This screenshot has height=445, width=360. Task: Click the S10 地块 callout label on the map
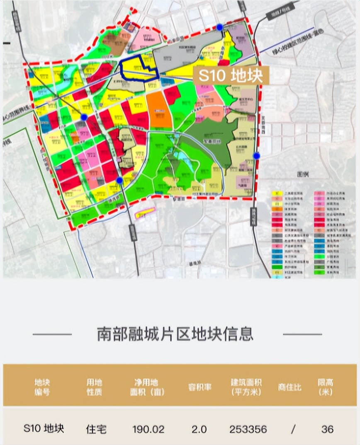pos(231,76)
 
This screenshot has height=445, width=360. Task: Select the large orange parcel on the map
pos(158,109)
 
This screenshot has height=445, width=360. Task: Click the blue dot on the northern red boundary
pos(219,27)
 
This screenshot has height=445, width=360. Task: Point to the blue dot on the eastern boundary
pos(256,155)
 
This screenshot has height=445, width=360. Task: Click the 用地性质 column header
pos(94,387)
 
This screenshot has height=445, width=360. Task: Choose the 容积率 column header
pos(199,387)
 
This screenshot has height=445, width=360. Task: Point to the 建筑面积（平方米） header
pos(248,387)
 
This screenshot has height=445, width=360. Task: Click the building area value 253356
pos(248,429)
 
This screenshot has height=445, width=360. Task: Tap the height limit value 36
pos(327,429)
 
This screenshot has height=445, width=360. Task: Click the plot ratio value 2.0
pos(199,429)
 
